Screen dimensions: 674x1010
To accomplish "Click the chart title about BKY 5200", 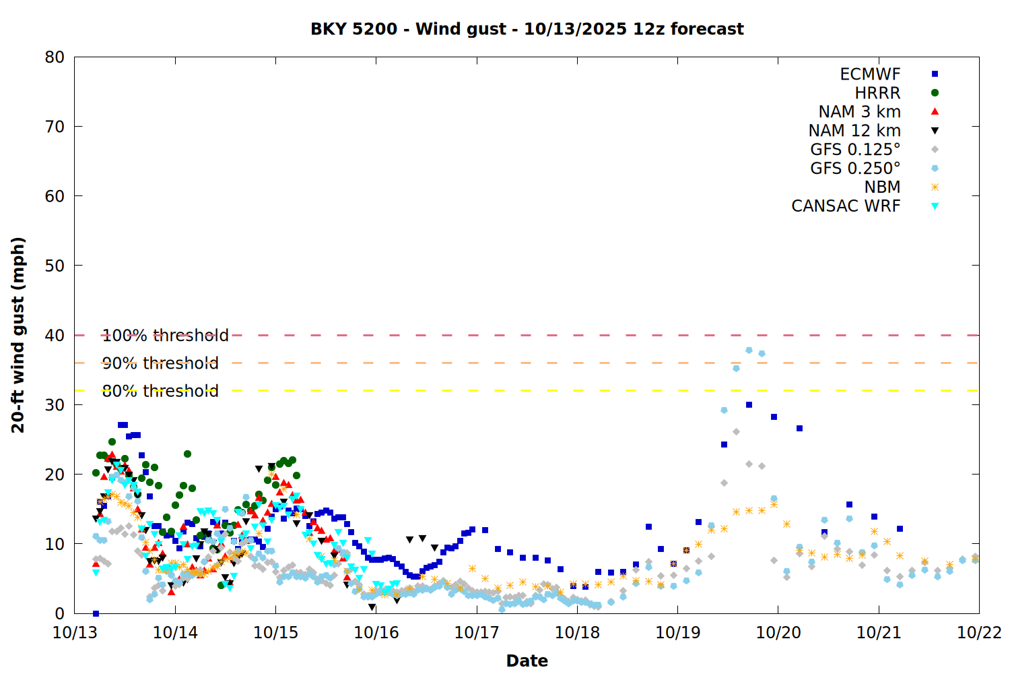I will tap(527, 29).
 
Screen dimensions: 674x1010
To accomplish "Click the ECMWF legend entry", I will tap(870, 74).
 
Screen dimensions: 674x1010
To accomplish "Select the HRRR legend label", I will tap(877, 93).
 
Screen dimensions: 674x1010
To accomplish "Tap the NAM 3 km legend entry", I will tap(859, 112).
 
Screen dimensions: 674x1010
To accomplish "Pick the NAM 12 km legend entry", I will tap(854, 131).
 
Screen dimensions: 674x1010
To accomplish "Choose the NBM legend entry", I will tap(882, 187).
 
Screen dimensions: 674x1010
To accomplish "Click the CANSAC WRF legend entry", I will tap(846, 206).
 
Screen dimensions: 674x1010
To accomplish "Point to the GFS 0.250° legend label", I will tap(855, 168).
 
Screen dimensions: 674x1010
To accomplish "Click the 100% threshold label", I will tap(165, 336).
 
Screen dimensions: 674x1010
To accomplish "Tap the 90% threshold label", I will tap(160, 363).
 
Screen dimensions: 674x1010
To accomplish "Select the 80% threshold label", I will tap(160, 391).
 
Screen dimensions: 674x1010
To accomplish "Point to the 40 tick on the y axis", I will tap(55, 335).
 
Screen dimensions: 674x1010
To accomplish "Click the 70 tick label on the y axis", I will tap(55, 127).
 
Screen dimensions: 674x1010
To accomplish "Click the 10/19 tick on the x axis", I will tap(677, 633).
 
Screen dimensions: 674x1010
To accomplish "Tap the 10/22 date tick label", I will tap(979, 633).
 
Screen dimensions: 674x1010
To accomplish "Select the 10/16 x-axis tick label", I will tap(376, 633).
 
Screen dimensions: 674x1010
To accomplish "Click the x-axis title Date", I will tap(527, 661).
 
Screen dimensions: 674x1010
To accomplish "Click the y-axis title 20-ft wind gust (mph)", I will tap(18, 335).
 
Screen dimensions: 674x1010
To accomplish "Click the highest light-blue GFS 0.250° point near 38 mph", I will tap(749, 350).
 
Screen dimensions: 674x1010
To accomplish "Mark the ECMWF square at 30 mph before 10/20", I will tap(749, 405).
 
